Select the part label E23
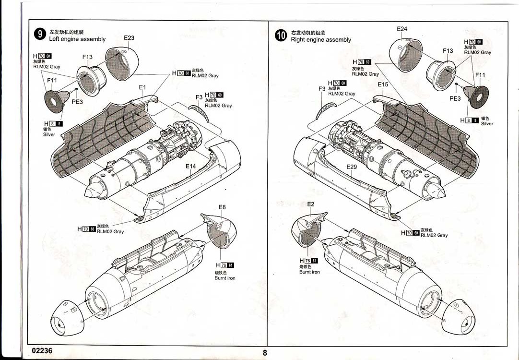[x=129, y=38]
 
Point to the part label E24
[x=402, y=29]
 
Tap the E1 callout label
[x=142, y=87]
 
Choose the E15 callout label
[x=383, y=84]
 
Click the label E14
[x=191, y=167]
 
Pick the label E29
[x=352, y=167]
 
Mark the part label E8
[x=222, y=207]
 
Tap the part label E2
[x=311, y=204]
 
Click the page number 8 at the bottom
[x=264, y=353]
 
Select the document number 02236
[x=42, y=350]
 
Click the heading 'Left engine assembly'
[x=77, y=39]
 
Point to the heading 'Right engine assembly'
[x=321, y=40]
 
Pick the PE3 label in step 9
[x=77, y=102]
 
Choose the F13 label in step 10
[x=448, y=51]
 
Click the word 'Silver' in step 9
[x=49, y=134]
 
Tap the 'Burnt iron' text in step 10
[x=309, y=272]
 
